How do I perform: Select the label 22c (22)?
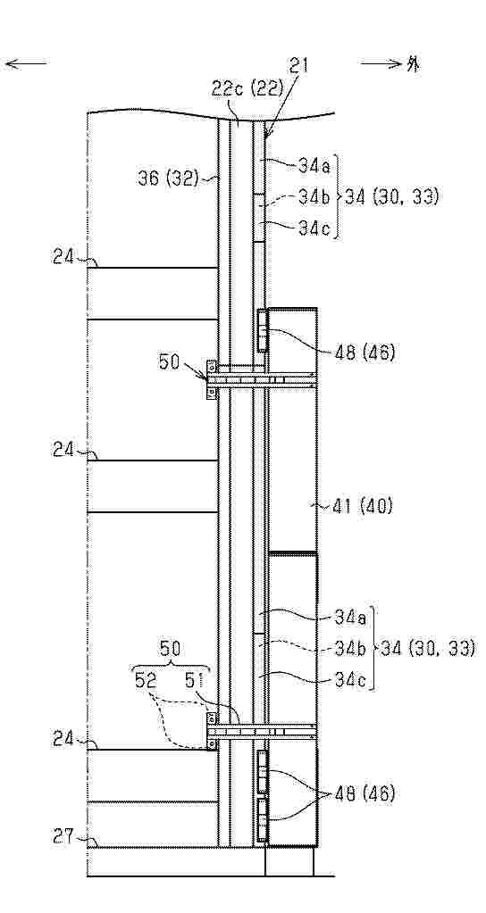(x=247, y=89)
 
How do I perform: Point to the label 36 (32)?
(x=169, y=178)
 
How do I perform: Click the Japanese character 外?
(x=413, y=64)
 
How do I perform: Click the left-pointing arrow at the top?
(x=26, y=63)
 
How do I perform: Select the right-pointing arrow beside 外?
(x=381, y=63)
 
